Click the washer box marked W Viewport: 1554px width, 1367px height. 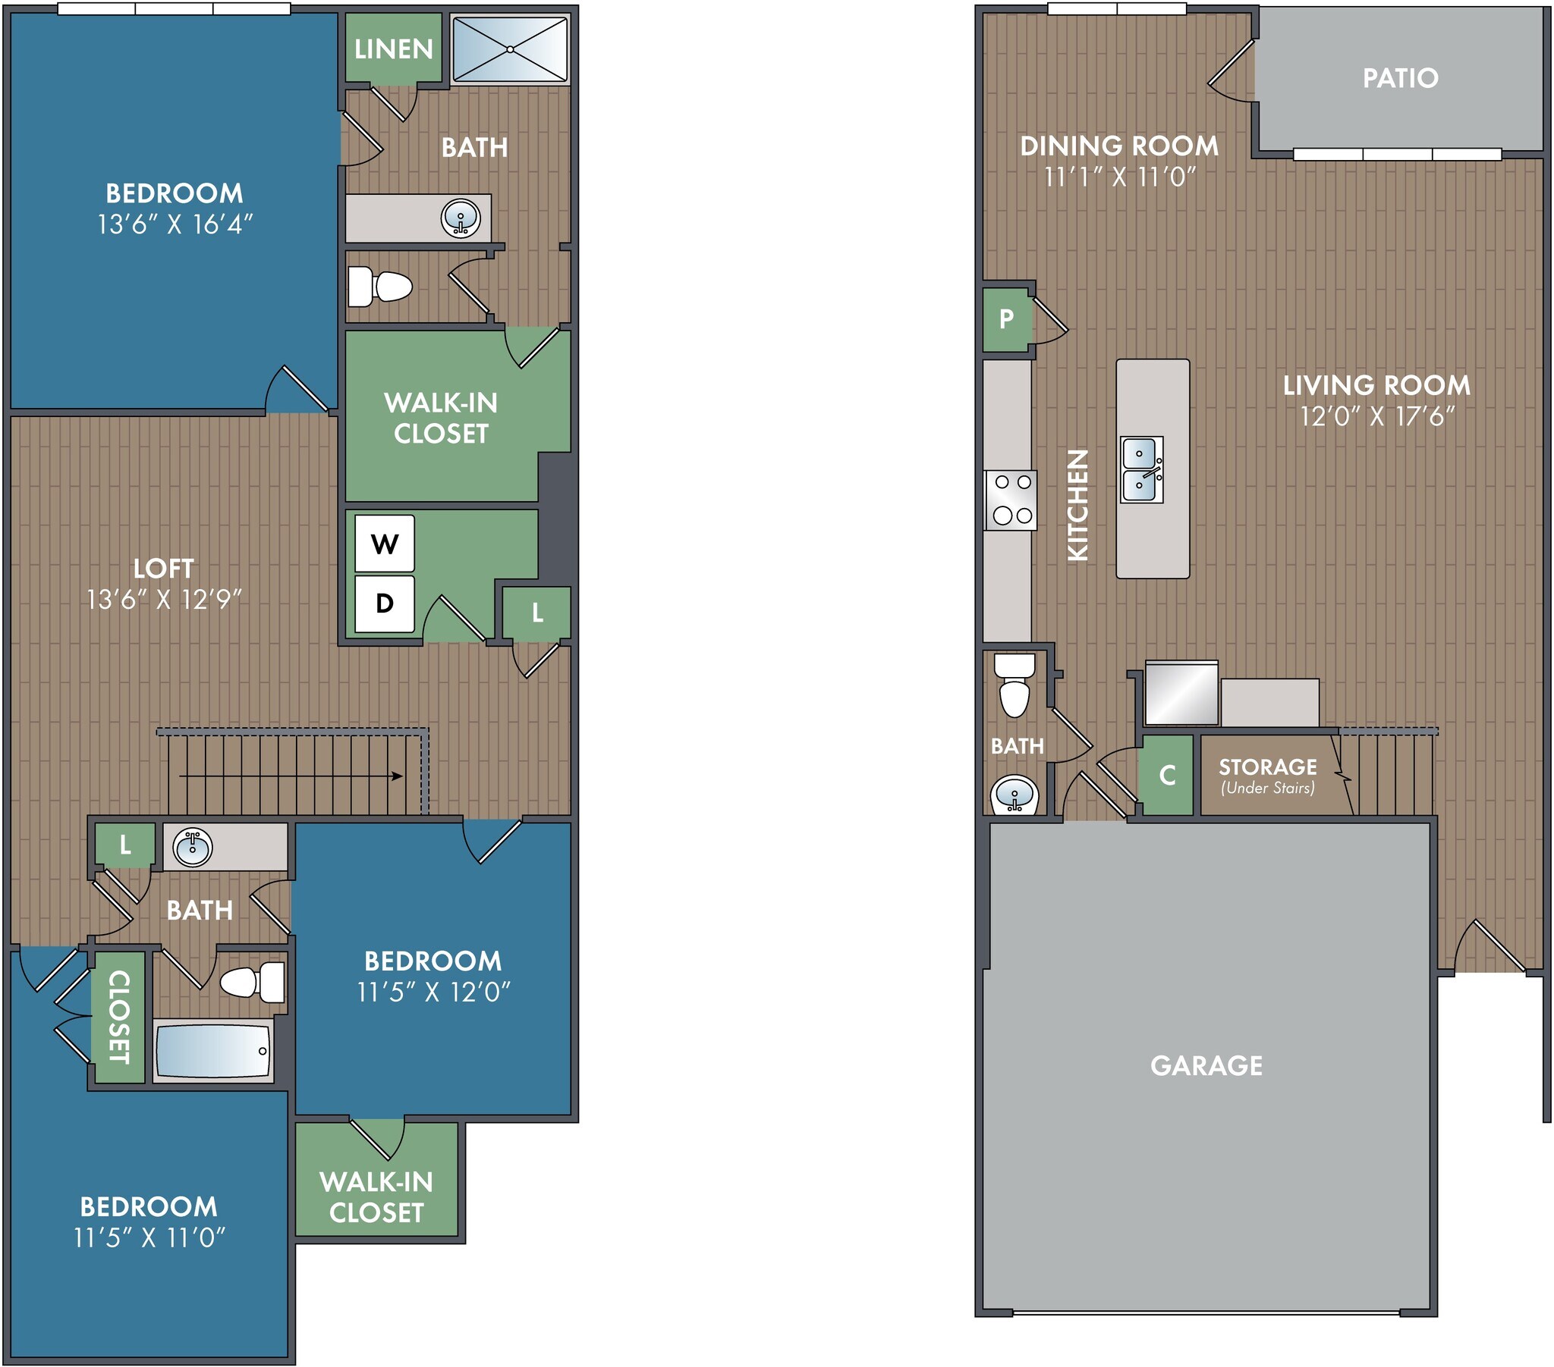[x=385, y=544]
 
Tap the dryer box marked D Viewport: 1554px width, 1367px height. [x=385, y=604]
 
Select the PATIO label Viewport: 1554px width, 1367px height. [x=1400, y=77]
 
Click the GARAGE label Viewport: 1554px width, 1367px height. [x=1206, y=1065]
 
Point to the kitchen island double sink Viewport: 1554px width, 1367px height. [x=1142, y=469]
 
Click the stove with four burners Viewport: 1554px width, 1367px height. [x=1011, y=500]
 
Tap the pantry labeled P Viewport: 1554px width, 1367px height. [x=1007, y=318]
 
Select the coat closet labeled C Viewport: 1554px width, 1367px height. [x=1167, y=775]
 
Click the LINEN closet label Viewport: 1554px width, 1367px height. [x=393, y=49]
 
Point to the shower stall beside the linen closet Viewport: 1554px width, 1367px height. [x=510, y=49]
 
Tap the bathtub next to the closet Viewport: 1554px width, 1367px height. [x=214, y=1051]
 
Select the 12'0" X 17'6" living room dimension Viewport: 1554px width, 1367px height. [x=1377, y=416]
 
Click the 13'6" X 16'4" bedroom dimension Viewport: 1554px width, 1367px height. [x=174, y=224]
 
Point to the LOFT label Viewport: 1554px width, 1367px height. [x=163, y=568]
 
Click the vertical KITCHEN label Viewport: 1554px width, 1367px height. [x=1078, y=505]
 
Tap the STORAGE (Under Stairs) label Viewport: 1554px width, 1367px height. [x=1267, y=775]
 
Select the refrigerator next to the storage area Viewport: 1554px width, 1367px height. [x=1181, y=693]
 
